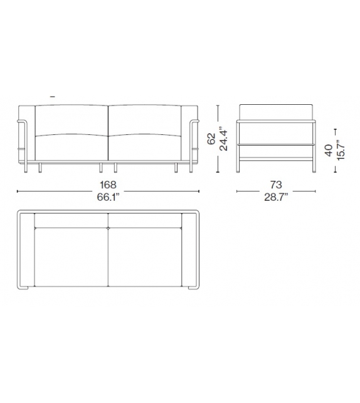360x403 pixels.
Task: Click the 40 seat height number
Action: point(327,151)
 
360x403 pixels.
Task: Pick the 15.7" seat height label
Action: point(339,151)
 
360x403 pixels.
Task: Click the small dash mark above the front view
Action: point(52,97)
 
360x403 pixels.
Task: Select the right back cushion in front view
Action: point(145,119)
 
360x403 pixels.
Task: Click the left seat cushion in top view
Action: point(71,257)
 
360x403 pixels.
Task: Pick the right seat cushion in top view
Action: point(145,257)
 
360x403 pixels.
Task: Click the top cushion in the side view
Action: point(275,110)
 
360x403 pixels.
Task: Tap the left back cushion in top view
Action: point(71,220)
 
